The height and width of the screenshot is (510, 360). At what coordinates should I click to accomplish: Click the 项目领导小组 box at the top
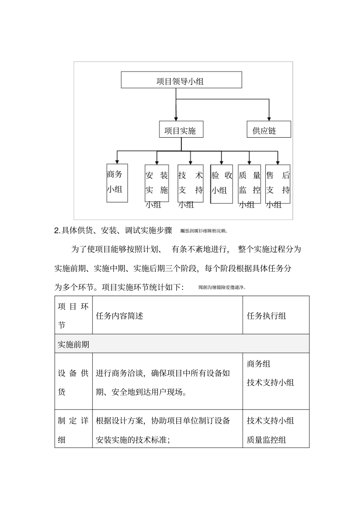click(x=181, y=80)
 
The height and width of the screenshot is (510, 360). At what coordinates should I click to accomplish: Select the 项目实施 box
click(x=181, y=130)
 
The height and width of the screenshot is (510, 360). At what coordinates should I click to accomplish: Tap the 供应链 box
click(x=269, y=130)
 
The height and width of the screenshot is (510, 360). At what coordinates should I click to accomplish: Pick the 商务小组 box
click(x=117, y=183)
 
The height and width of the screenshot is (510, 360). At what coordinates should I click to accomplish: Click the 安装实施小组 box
click(x=157, y=184)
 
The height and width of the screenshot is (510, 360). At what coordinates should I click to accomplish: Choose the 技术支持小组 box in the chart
click(x=190, y=184)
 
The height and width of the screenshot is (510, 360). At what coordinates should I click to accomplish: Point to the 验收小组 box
click(x=222, y=184)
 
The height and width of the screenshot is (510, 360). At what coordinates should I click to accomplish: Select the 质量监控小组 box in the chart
click(x=249, y=184)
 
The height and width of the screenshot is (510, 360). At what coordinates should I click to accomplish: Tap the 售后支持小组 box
click(x=278, y=184)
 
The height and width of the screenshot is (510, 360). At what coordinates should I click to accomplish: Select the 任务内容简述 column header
click(x=119, y=316)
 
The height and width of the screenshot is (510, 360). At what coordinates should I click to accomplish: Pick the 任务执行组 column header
click(x=266, y=316)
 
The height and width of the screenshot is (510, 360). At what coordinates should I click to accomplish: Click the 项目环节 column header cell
click(x=73, y=315)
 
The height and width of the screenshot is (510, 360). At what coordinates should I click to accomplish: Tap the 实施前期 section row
click(x=74, y=344)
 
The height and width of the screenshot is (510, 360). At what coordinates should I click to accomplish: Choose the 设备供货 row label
click(x=73, y=382)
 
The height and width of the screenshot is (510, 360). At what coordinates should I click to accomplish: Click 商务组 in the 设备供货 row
click(x=259, y=364)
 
